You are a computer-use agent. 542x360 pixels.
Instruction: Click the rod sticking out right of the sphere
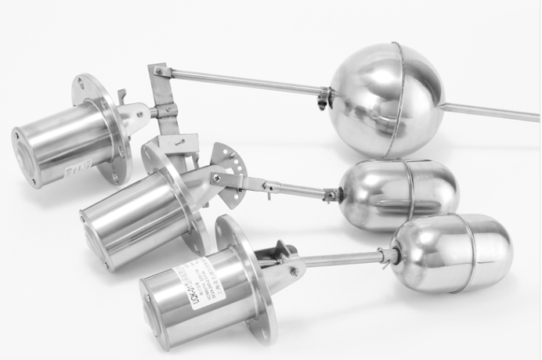(x=490, y=112)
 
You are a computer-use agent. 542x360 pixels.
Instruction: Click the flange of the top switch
(x=102, y=125)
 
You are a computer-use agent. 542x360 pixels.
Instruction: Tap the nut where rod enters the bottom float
(x=387, y=255)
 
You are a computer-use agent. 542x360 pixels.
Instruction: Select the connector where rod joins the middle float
(x=332, y=194)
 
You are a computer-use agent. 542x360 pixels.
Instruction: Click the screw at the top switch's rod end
(x=160, y=71)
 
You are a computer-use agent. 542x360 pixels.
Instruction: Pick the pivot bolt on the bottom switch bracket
(x=294, y=271)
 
